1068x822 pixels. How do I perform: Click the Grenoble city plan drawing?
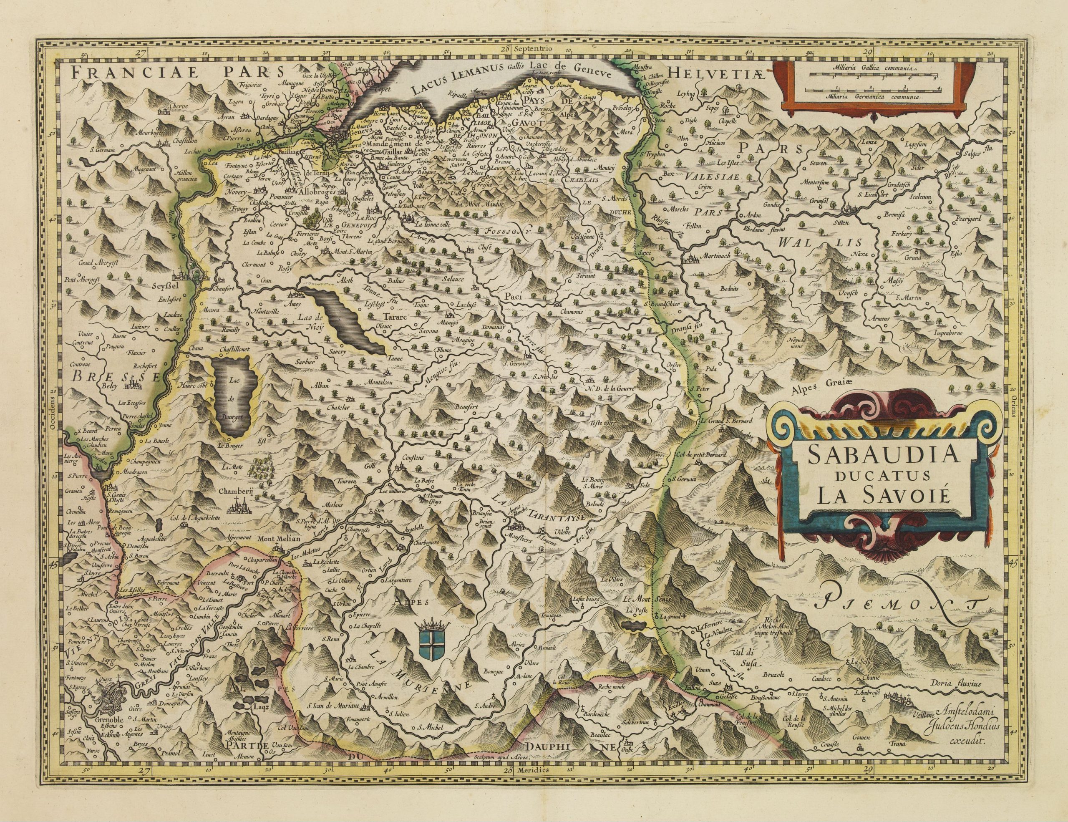(x=113, y=706)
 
